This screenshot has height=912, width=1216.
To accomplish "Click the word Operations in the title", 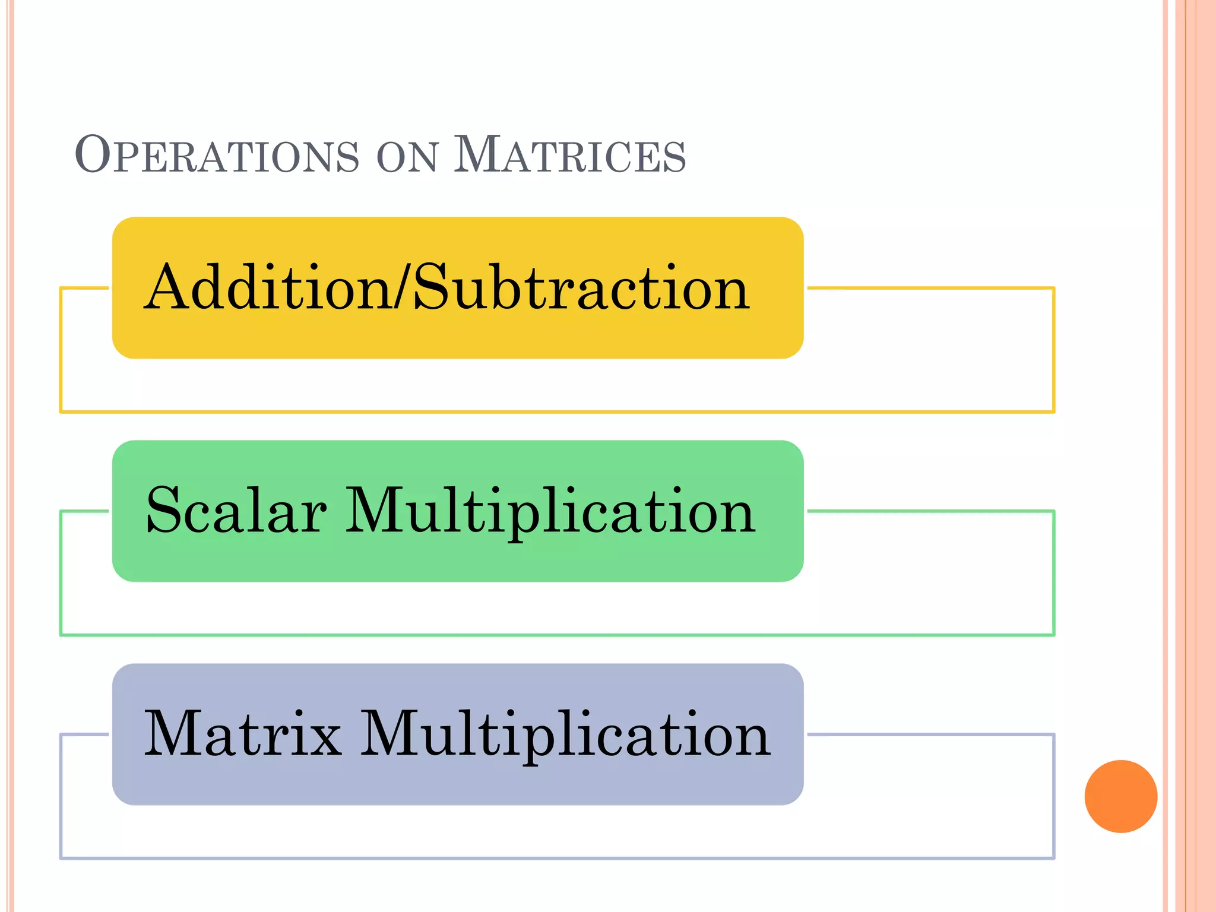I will click(x=217, y=155).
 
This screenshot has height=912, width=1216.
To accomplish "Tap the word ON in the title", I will click(x=407, y=157).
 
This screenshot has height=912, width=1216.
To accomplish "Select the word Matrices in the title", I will click(x=569, y=155).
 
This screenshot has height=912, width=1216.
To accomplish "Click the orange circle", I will click(x=1120, y=796).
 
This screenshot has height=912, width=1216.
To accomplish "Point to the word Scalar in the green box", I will click(x=236, y=510).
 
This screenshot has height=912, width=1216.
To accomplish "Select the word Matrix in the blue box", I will click(x=243, y=734).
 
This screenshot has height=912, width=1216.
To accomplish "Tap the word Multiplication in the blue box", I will click(x=565, y=735).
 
